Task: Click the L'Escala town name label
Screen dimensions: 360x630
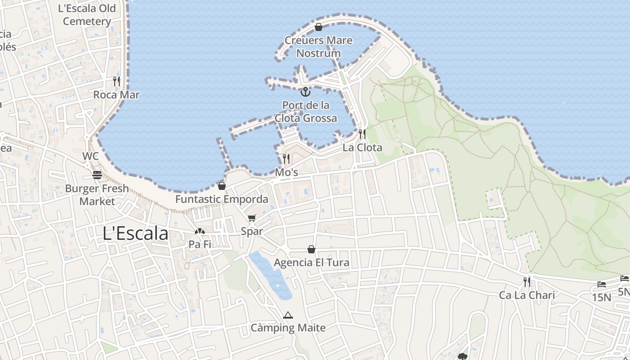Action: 135,234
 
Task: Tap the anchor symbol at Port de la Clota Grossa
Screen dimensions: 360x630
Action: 306,92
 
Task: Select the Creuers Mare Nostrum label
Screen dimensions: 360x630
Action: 318,47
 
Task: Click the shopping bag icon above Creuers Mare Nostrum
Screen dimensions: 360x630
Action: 319,27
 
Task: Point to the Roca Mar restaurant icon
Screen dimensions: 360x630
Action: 117,81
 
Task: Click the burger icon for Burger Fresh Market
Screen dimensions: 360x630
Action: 97,175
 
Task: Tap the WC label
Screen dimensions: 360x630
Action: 90,156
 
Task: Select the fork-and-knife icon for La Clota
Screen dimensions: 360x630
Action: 362,134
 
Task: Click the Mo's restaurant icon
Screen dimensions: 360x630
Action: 286,159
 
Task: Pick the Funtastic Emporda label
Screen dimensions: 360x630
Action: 221,199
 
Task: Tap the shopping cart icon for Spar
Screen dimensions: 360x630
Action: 252,218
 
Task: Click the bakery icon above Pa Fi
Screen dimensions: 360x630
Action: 200,231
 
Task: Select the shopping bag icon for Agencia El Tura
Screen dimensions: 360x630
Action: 311,249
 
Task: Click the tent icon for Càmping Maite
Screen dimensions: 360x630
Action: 288,315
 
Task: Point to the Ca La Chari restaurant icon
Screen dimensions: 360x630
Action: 527,282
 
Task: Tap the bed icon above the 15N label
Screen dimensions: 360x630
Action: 602,284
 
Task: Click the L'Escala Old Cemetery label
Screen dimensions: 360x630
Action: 87,15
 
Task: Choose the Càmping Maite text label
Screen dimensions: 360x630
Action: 288,328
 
